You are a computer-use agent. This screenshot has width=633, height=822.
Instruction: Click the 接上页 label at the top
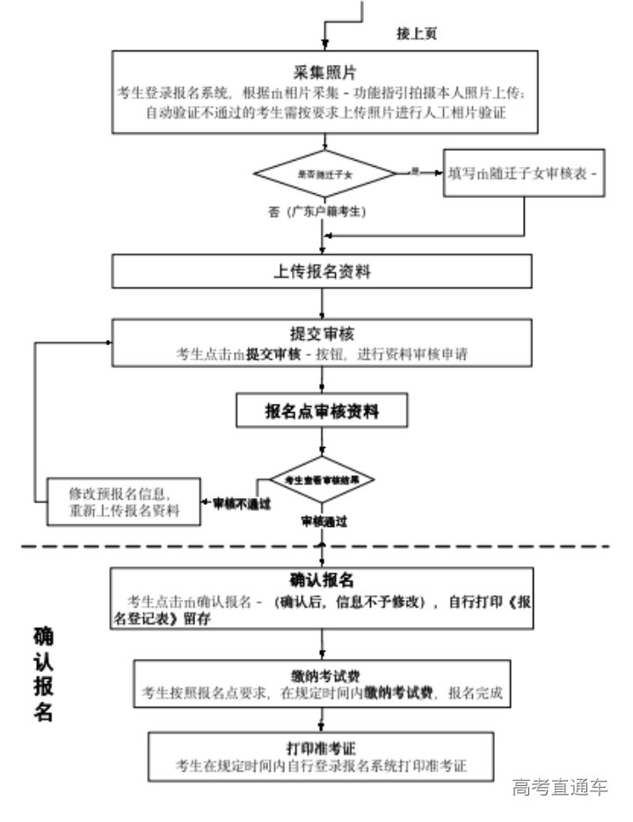point(417,33)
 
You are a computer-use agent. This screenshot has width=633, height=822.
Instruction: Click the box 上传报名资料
point(322,271)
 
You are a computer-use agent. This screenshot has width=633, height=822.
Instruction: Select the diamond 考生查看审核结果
point(323,479)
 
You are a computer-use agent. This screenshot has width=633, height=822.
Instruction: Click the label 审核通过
point(324,521)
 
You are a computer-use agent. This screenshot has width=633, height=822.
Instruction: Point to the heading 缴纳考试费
point(322,674)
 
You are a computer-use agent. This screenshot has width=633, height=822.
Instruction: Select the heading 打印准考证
point(322,748)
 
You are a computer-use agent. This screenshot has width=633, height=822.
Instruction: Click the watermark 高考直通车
point(560,786)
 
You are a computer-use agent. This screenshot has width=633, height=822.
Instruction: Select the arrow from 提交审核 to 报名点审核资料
point(323,379)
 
